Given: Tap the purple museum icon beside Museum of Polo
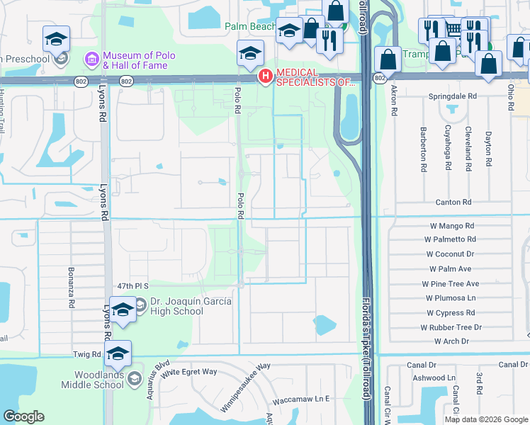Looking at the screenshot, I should [91, 57].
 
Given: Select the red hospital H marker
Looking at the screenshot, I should [266, 76].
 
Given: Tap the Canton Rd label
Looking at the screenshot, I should [457, 203].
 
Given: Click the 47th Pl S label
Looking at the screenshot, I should [132, 285].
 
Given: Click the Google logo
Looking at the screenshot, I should [24, 416].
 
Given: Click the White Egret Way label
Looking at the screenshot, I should [188, 372].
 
